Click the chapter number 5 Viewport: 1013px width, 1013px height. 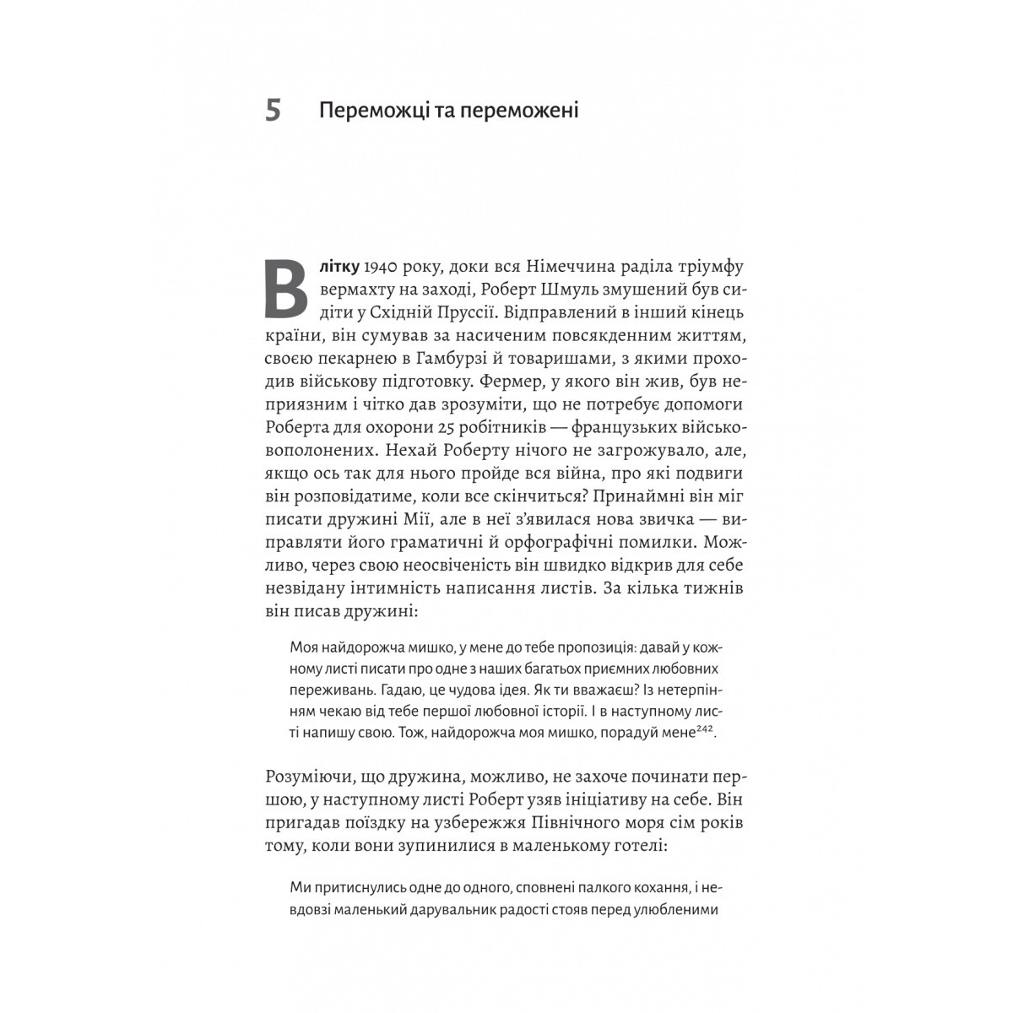click(273, 111)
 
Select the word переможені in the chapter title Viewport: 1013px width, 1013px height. click(521, 111)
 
